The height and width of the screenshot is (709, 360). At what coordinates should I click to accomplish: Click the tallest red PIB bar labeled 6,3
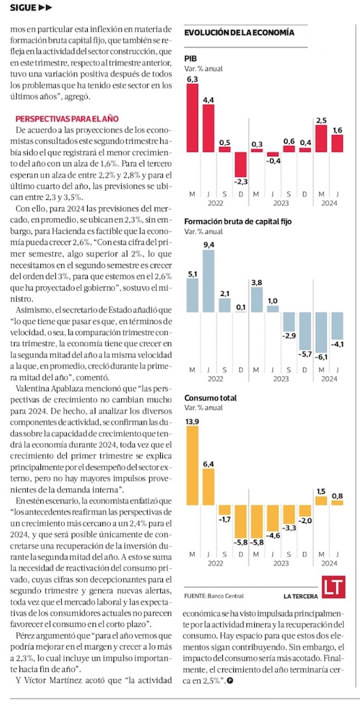click(x=192, y=118)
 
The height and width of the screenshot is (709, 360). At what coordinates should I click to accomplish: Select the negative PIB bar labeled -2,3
click(x=241, y=164)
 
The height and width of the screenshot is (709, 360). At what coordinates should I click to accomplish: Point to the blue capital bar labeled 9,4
click(x=208, y=281)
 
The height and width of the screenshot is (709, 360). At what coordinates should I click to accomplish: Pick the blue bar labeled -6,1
click(x=321, y=332)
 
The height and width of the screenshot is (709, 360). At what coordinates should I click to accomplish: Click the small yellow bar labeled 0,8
click(x=338, y=502)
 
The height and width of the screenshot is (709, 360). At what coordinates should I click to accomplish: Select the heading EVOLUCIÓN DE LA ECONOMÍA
click(x=240, y=33)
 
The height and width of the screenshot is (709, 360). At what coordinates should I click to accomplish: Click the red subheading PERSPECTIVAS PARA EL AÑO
click(x=67, y=119)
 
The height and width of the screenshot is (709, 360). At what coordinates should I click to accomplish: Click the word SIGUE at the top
click(x=22, y=7)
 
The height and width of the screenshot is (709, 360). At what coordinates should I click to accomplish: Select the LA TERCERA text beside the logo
click(x=301, y=596)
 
